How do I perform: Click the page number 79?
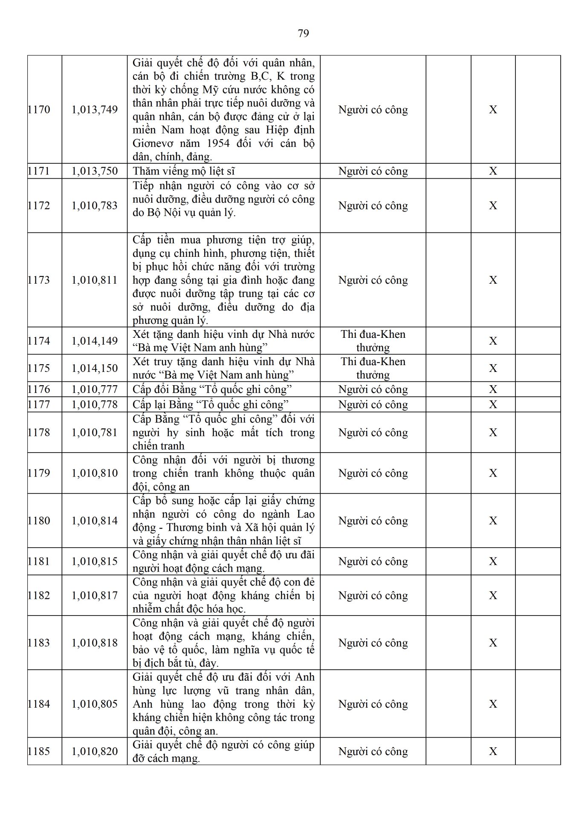point(303,33)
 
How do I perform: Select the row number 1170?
point(39,110)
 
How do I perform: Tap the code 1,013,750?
point(95,171)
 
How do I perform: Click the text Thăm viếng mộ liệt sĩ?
point(184,171)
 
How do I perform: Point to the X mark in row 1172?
point(493,206)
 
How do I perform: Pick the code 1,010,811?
point(95,280)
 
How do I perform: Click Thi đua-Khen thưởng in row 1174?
point(373,341)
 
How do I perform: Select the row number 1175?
point(39,368)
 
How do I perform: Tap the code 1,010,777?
point(95,389)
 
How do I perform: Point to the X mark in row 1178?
point(493,433)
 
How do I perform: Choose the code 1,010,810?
point(95,473)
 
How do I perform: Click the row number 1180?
point(39,521)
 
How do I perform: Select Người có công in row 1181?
point(373,561)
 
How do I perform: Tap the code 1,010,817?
point(95,595)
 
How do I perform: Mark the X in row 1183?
point(493,643)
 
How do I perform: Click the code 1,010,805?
point(95,704)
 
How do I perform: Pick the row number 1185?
point(39,751)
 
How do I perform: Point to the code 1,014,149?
point(95,341)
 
